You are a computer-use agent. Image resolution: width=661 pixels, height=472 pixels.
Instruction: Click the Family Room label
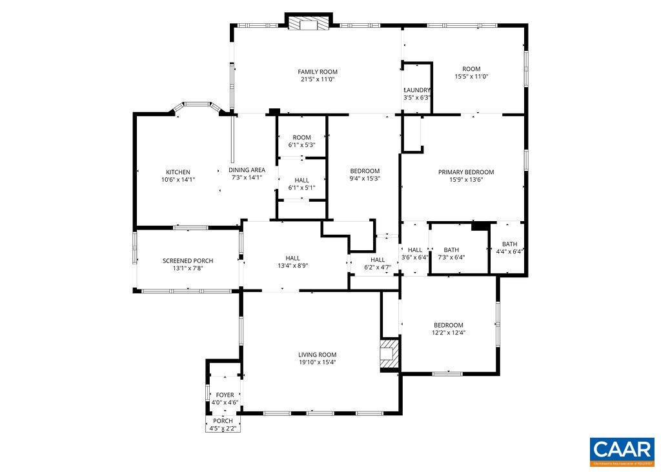[x=317, y=72]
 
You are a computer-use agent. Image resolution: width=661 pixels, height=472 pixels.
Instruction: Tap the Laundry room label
[x=417, y=90]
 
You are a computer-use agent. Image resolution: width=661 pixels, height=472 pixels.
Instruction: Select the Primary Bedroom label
[x=465, y=172]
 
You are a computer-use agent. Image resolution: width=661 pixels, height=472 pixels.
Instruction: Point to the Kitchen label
[x=178, y=172]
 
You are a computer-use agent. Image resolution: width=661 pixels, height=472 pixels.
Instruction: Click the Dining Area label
[x=247, y=170]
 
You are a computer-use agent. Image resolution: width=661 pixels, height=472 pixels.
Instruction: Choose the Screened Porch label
[x=187, y=261]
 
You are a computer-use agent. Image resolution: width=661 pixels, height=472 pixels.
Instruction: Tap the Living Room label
[x=317, y=355]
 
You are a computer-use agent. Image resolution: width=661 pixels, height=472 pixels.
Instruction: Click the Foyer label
[x=225, y=395]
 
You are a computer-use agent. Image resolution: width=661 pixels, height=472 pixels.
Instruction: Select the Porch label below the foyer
[x=223, y=421]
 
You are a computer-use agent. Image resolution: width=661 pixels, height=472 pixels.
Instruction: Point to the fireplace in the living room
[x=388, y=354]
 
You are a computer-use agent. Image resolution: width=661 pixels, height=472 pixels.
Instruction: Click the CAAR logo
[x=622, y=451]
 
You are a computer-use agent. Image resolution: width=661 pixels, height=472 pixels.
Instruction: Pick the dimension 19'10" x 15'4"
[x=317, y=362]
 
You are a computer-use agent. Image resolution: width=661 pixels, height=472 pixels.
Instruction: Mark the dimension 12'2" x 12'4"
[x=448, y=333]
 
